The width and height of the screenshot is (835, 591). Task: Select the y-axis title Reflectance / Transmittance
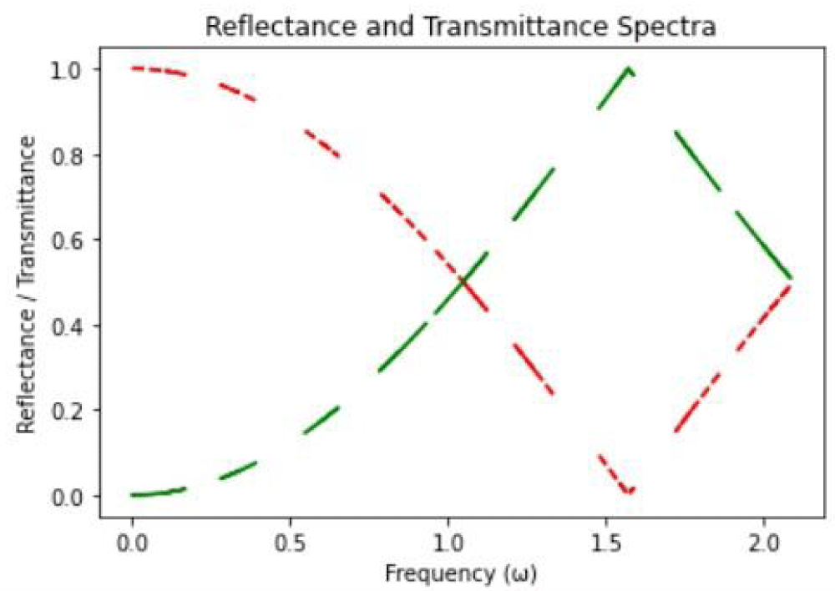(x=28, y=283)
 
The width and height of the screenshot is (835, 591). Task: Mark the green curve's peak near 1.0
(x=629, y=69)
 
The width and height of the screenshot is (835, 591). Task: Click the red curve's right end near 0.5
(x=790, y=285)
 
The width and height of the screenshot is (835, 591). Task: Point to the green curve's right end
(x=790, y=277)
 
